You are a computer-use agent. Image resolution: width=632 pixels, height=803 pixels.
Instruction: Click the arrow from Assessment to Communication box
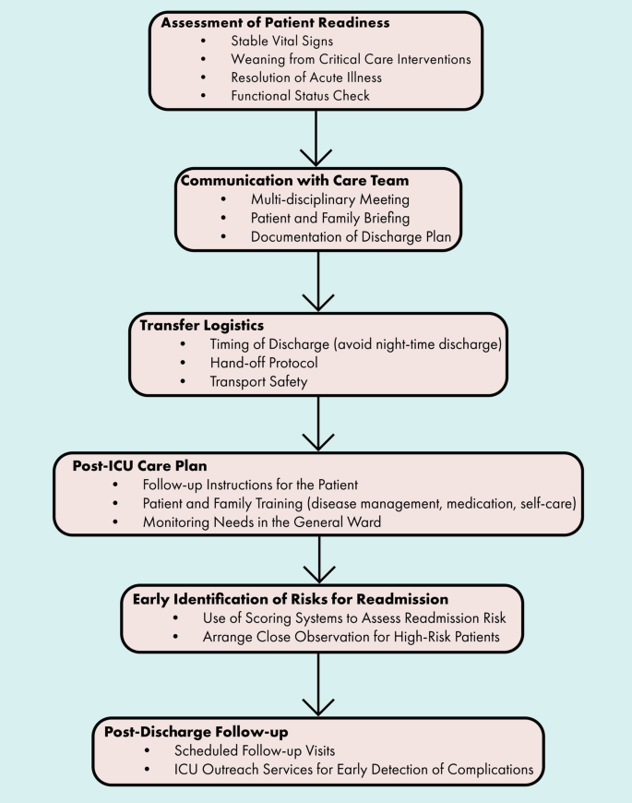coord(317,138)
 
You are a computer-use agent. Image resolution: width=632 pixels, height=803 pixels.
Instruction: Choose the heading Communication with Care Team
coord(293,180)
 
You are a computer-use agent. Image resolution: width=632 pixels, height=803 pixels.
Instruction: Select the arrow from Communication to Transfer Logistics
coord(317,281)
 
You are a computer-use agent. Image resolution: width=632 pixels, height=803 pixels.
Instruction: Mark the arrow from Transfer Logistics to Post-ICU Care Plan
coord(317,424)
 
